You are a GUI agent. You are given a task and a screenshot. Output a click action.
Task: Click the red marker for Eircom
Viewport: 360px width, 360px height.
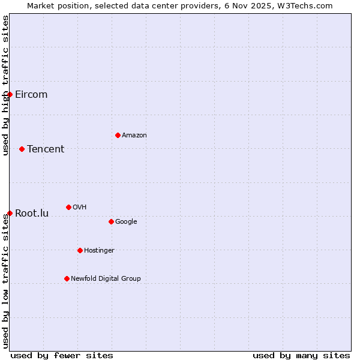pos(10,94)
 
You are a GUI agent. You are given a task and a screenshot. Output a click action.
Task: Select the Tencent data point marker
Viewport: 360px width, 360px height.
pos(22,149)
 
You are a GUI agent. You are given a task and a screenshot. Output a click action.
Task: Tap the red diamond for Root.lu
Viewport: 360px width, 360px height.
pos(10,213)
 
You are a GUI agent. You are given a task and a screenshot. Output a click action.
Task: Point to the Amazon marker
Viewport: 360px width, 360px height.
pos(118,135)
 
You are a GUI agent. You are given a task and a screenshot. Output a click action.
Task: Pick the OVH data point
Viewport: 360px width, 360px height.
pos(68,207)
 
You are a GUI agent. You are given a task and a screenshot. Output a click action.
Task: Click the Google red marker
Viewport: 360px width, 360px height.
pos(111,221)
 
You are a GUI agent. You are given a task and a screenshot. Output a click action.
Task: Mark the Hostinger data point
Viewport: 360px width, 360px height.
pos(80,250)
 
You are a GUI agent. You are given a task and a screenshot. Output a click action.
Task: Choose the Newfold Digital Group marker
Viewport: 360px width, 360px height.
pos(67,278)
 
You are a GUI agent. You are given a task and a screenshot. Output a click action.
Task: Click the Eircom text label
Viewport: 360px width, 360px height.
pos(31,95)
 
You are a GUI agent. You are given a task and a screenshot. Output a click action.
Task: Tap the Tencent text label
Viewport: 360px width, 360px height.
pos(46,149)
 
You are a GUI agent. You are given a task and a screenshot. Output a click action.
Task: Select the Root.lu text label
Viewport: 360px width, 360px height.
pos(32,214)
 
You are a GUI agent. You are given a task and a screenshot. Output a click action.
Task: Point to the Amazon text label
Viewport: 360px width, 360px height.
pos(134,136)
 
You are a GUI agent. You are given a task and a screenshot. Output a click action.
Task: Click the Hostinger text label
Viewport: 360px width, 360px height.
pos(99,251)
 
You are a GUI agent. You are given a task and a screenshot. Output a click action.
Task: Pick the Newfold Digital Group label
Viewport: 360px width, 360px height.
pos(106,279)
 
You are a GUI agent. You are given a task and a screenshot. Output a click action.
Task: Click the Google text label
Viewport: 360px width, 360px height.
pos(126,222)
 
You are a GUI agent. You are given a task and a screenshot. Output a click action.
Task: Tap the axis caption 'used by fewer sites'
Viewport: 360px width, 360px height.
pos(62,355)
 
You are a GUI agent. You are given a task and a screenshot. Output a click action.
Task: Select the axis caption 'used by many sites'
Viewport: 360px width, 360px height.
pos(301,355)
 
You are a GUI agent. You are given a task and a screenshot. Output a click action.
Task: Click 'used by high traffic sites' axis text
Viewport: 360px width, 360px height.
pos(5,85)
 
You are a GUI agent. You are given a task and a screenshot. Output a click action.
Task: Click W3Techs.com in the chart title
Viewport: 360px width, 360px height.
pos(304,5)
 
